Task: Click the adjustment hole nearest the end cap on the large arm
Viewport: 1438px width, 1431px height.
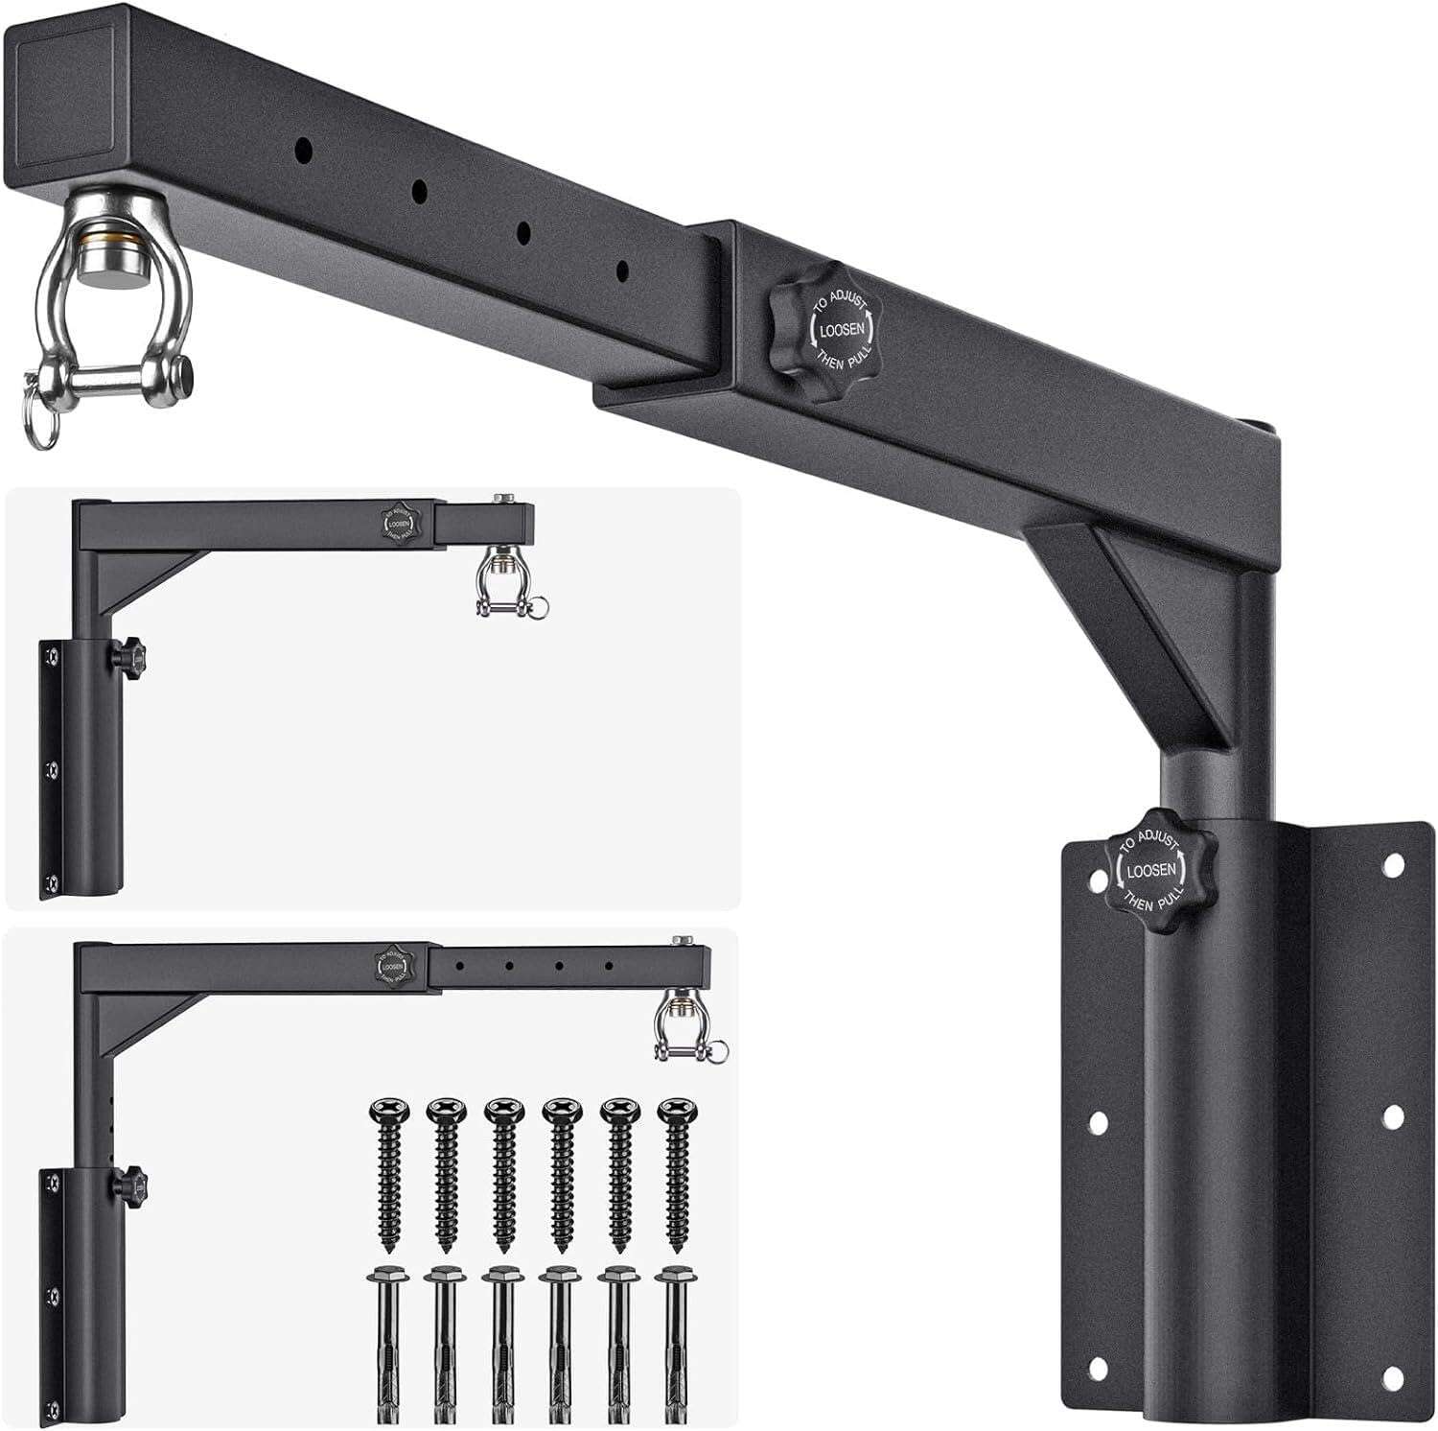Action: pos(304,151)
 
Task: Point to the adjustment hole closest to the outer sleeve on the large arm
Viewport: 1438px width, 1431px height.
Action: pos(623,271)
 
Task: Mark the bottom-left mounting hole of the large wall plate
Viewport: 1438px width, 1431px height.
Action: pos(1098,1368)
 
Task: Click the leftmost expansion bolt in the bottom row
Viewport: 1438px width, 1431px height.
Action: pos(388,1343)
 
